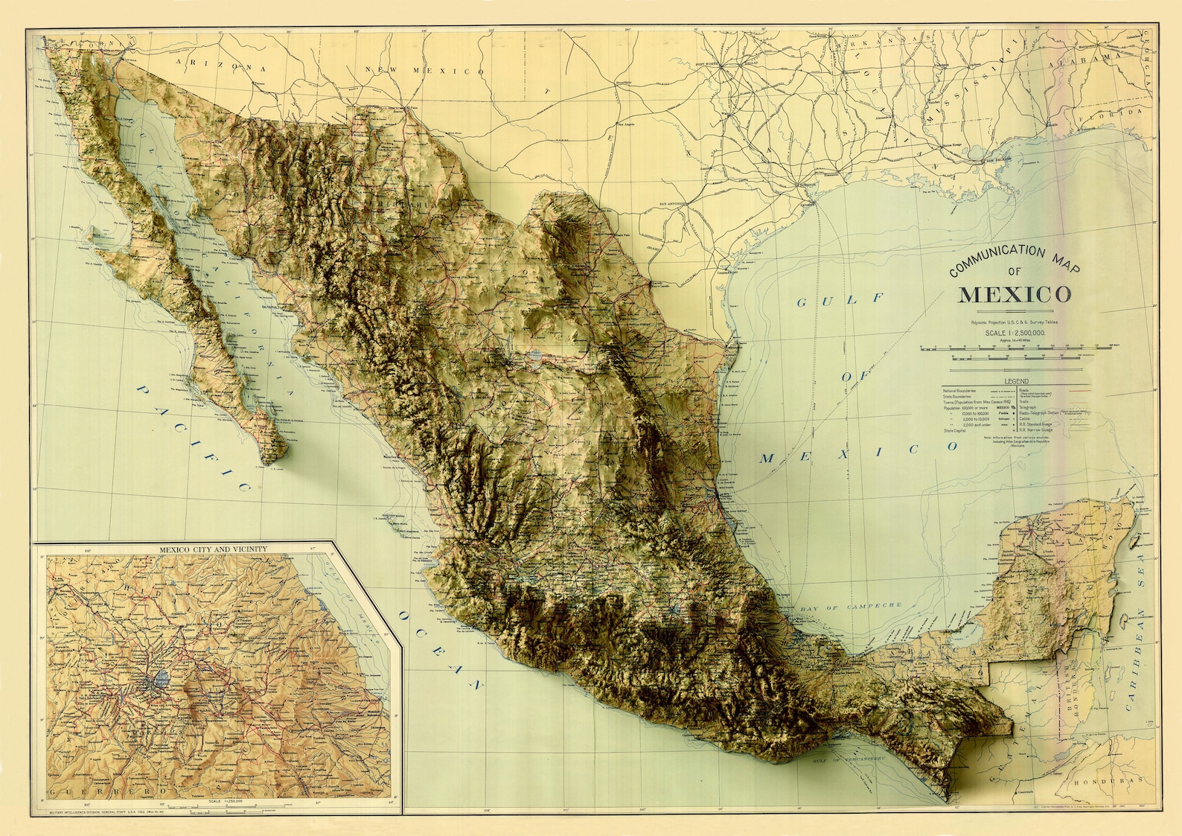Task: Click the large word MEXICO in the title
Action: point(1015,295)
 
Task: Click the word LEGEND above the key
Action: point(1016,381)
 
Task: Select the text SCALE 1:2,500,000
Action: point(1015,333)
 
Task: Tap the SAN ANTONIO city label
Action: point(675,205)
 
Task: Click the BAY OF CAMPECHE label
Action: point(851,607)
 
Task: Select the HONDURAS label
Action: point(1108,781)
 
